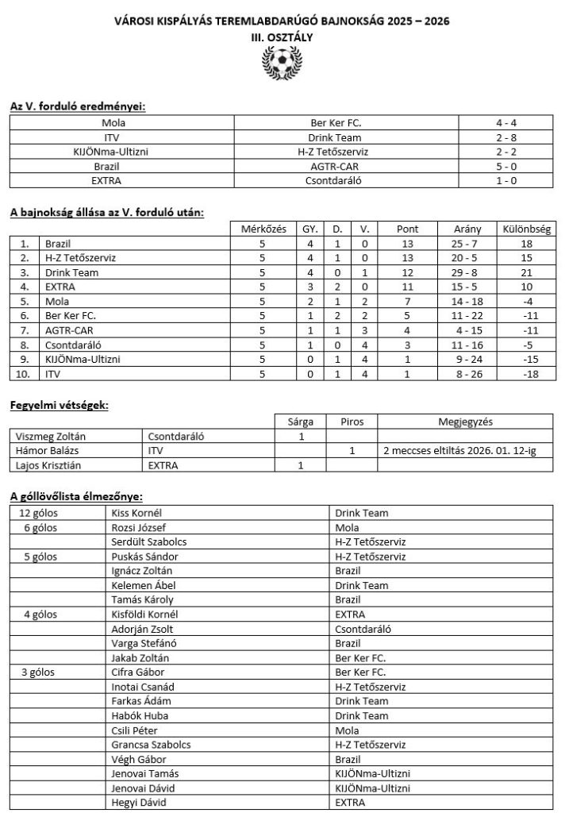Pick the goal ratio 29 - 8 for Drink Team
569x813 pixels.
coord(465,272)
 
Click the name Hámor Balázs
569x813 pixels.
coord(47,450)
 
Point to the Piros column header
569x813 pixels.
coord(351,421)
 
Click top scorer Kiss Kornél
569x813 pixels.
coord(136,513)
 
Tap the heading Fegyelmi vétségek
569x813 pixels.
coord(59,405)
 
